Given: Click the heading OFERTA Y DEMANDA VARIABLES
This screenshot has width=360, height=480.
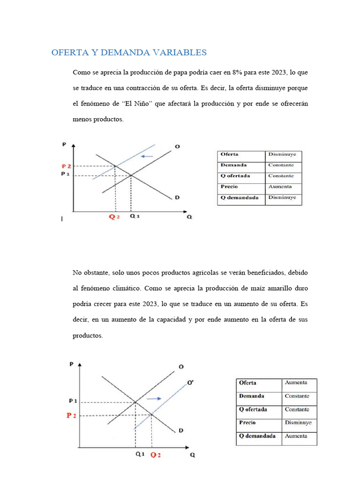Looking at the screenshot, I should (x=129, y=52).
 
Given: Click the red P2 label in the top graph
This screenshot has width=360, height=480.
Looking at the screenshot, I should (x=67, y=166).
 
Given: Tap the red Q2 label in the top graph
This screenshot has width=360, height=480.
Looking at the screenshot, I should (x=114, y=217).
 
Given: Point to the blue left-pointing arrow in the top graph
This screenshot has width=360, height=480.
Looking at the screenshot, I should (x=148, y=156).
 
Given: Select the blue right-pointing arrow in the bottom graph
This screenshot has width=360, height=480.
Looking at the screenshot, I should (x=154, y=398).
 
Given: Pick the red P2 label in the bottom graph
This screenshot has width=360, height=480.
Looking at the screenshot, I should (x=71, y=415).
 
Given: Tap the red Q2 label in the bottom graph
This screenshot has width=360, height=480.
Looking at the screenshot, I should (x=155, y=455).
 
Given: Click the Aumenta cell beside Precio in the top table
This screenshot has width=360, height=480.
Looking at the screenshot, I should (x=280, y=187).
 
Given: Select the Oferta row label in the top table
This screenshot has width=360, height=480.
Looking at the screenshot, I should (x=230, y=154).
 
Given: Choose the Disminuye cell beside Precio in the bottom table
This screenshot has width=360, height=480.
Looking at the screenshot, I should (x=298, y=422).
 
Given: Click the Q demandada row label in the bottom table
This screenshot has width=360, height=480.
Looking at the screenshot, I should (x=257, y=436).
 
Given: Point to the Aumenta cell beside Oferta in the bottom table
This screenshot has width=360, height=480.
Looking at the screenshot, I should (x=296, y=382).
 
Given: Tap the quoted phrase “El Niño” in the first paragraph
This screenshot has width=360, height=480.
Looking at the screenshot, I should (x=139, y=104).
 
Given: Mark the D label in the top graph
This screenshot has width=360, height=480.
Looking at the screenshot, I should (x=177, y=197).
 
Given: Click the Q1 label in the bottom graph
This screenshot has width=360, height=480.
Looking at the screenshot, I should (x=140, y=455).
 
